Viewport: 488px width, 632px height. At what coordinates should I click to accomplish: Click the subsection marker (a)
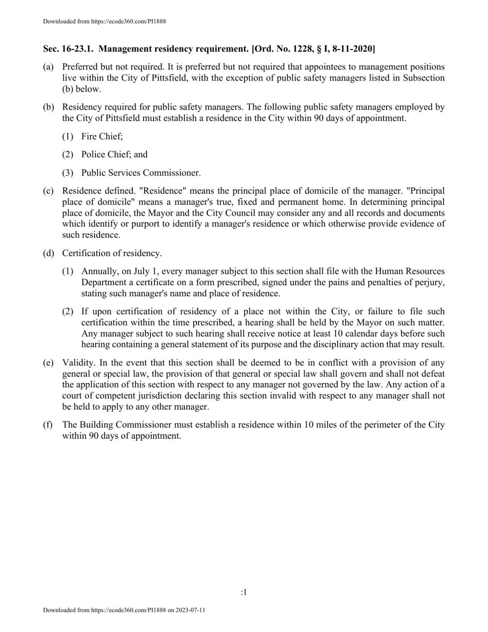click(48, 67)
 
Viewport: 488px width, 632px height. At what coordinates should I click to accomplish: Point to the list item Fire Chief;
click(102, 136)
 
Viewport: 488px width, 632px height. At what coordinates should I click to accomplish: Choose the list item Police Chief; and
click(114, 154)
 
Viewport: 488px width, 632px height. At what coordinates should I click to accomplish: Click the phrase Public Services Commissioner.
click(141, 173)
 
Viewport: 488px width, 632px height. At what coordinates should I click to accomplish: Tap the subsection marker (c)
click(48, 191)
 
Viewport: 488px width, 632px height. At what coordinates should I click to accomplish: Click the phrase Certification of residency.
click(112, 253)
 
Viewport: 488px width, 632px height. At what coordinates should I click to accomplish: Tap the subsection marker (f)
click(48, 425)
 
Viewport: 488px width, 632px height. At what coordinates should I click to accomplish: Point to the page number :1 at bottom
click(243, 592)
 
